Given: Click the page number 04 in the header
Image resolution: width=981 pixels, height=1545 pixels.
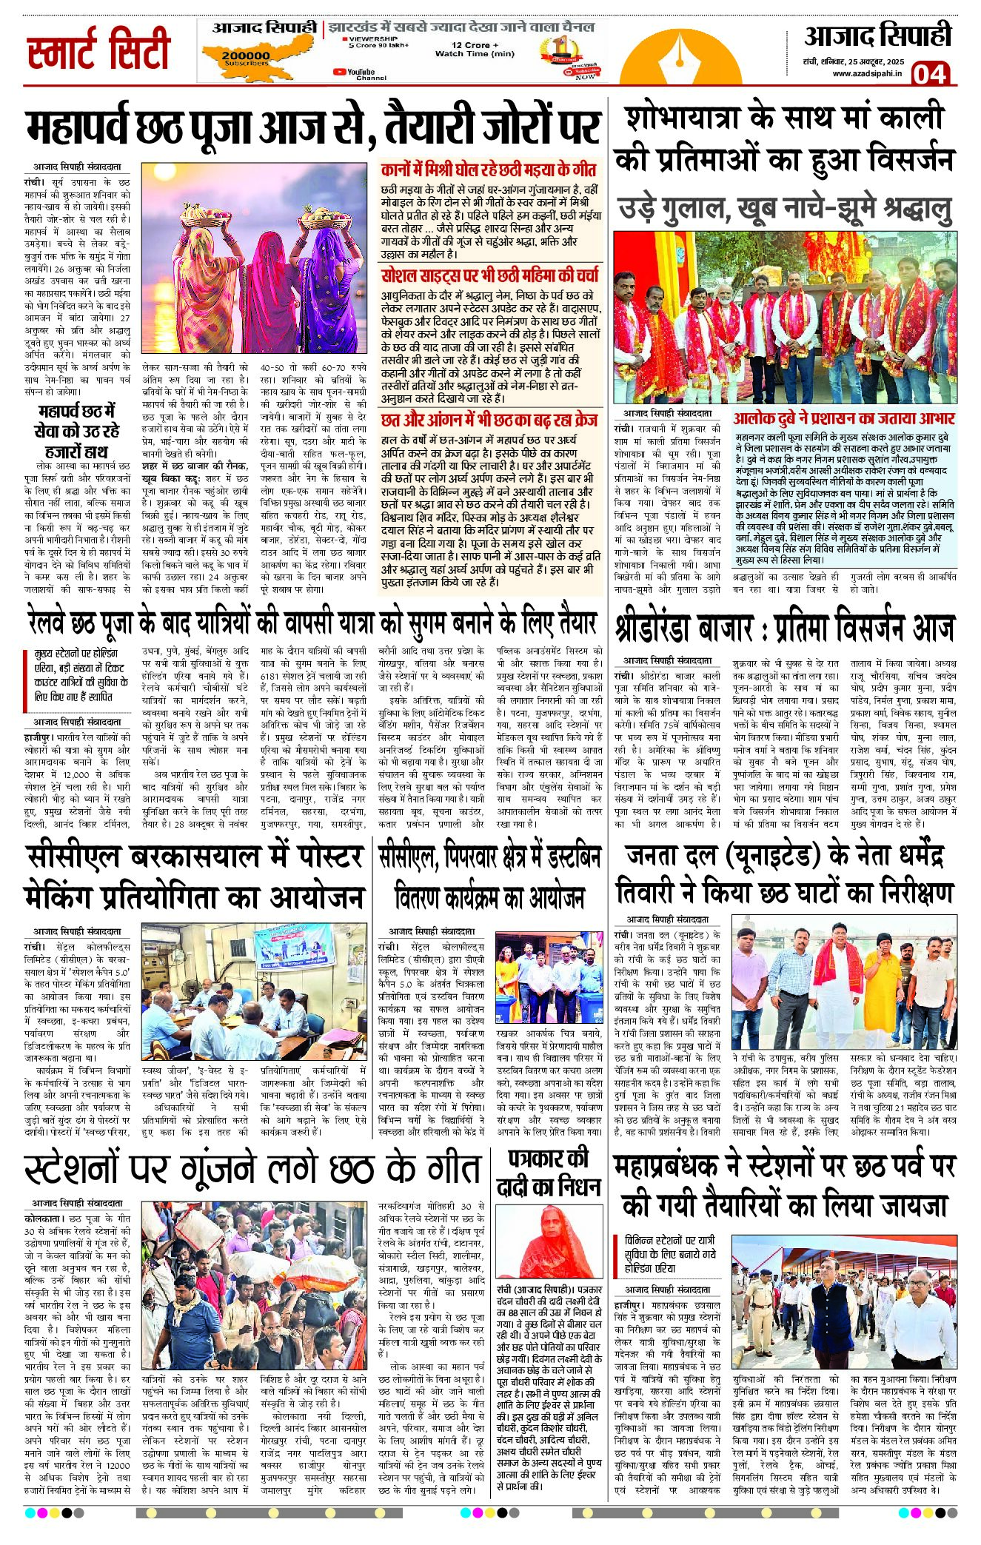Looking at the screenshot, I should coord(929,75).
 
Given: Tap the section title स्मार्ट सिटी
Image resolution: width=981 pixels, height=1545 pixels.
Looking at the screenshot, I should coord(98,50).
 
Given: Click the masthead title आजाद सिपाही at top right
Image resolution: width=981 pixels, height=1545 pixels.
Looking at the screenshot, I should coord(877,36).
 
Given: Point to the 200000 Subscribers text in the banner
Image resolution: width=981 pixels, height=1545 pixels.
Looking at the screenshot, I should coord(246,58).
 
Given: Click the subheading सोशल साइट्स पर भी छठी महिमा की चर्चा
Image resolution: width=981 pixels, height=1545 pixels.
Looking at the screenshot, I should coord(489,275).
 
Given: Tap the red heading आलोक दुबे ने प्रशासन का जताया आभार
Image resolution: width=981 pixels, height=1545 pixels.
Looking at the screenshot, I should coord(844,418).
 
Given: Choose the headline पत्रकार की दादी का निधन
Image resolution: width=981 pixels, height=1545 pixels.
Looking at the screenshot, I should coord(548,1172).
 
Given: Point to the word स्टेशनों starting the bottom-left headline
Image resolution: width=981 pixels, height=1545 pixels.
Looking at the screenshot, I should coord(72,1169).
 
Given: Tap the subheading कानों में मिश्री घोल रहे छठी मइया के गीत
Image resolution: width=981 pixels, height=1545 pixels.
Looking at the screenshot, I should coord(489,170).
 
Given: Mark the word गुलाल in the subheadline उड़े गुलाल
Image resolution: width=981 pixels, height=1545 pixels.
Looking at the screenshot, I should coord(693,208).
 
